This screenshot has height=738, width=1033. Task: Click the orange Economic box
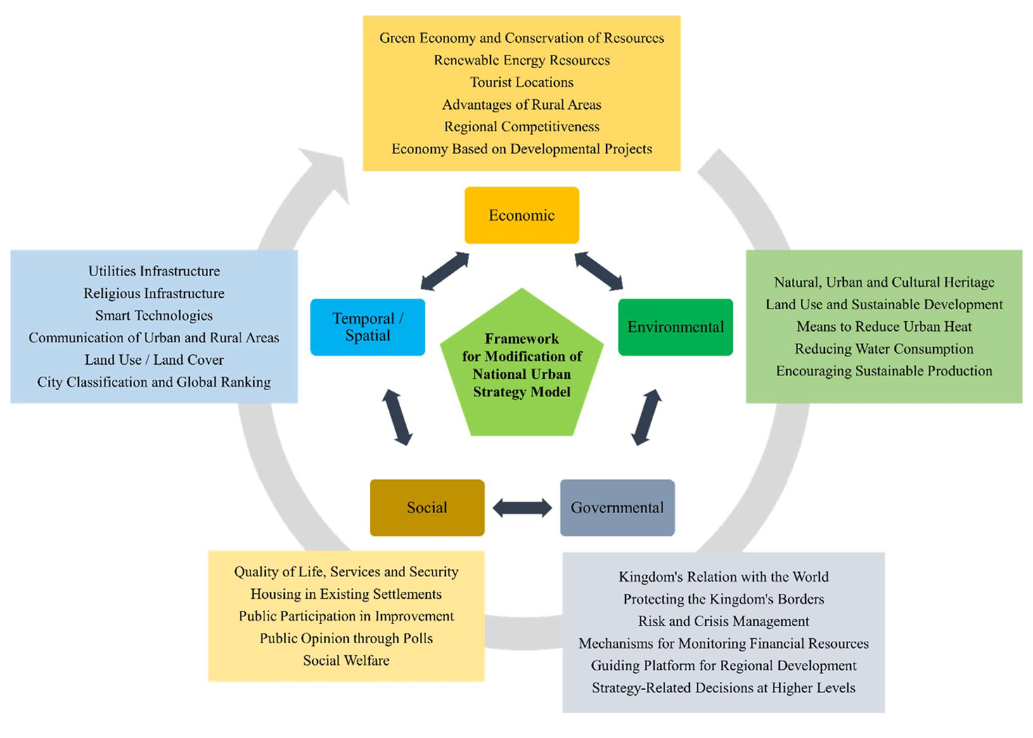coord(522,215)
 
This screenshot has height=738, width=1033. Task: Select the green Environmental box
coord(675,327)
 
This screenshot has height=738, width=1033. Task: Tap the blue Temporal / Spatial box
coord(367,327)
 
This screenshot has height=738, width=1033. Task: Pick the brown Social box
coord(427,507)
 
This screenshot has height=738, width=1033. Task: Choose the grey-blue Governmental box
coord(617,507)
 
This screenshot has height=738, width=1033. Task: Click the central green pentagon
coord(522,365)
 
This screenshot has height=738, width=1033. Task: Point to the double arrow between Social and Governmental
coord(522,507)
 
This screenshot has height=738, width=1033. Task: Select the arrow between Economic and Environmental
coord(598,271)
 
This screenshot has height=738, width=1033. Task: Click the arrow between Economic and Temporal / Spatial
coord(444,271)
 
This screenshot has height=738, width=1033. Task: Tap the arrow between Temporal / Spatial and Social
coord(397,417)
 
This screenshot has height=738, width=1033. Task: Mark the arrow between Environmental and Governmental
coord(646,417)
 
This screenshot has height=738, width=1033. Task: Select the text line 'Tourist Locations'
coord(522,82)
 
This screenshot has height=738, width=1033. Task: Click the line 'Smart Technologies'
coord(154,316)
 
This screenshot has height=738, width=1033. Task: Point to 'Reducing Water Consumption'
coord(884,349)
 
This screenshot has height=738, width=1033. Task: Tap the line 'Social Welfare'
coord(346,661)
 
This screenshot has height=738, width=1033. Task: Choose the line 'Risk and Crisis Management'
coord(724,621)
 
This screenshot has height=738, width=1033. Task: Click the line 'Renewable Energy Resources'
coord(522,60)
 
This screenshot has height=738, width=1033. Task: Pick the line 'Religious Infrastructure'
coord(154,293)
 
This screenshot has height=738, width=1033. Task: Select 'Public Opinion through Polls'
coord(346,638)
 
